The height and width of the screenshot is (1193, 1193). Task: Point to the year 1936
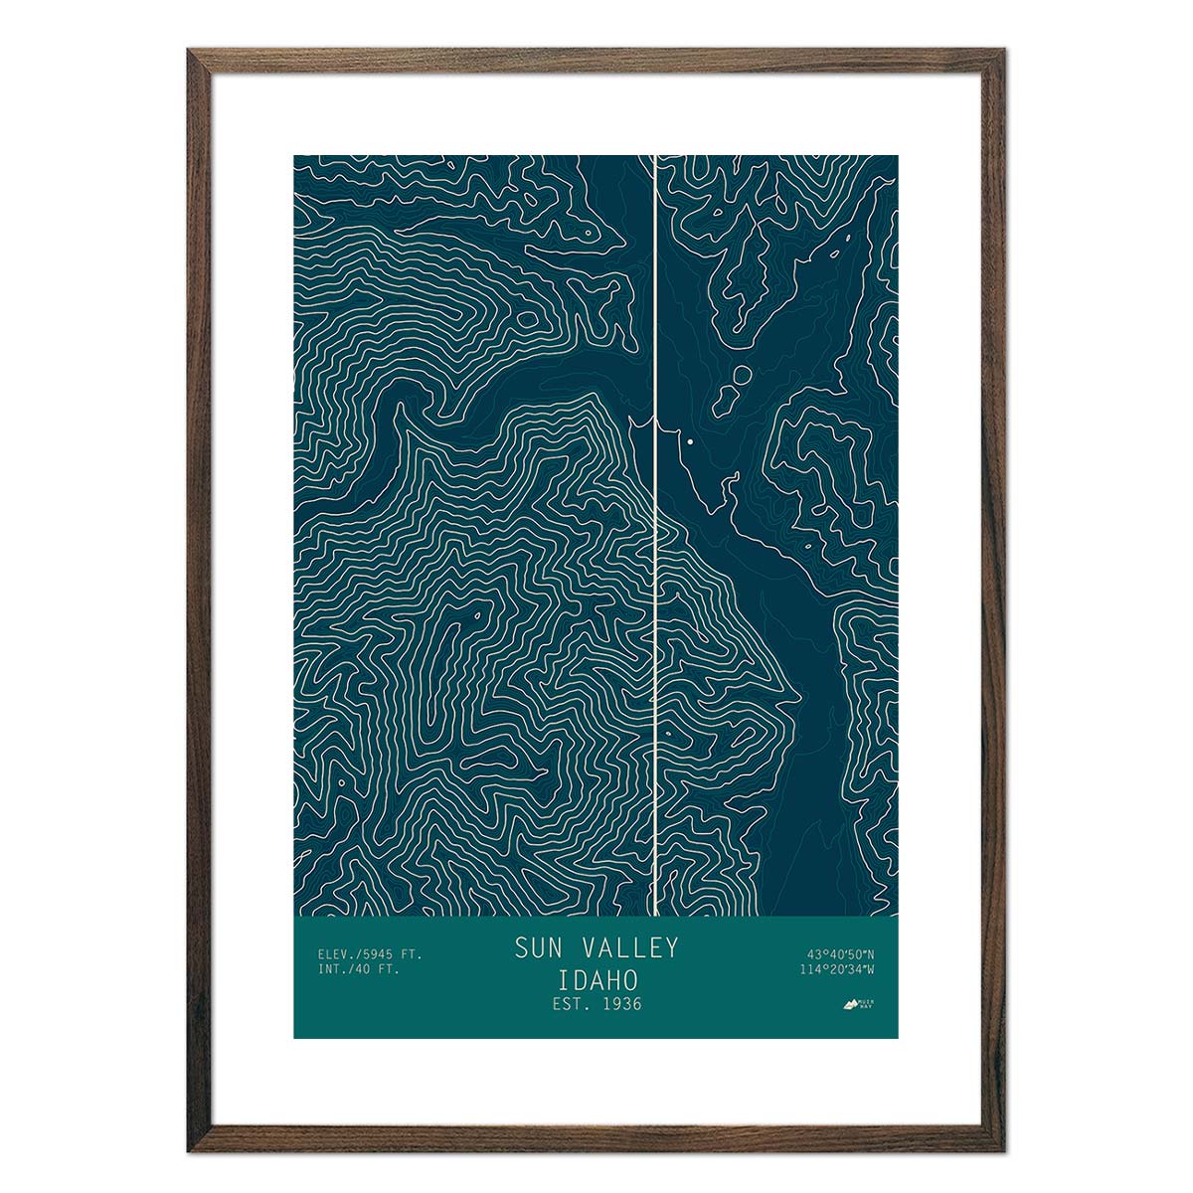click(620, 1004)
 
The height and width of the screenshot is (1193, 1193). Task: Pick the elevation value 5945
click(378, 954)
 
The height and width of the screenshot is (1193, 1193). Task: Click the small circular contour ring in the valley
click(742, 376)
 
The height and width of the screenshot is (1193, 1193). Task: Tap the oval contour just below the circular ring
click(723, 400)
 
